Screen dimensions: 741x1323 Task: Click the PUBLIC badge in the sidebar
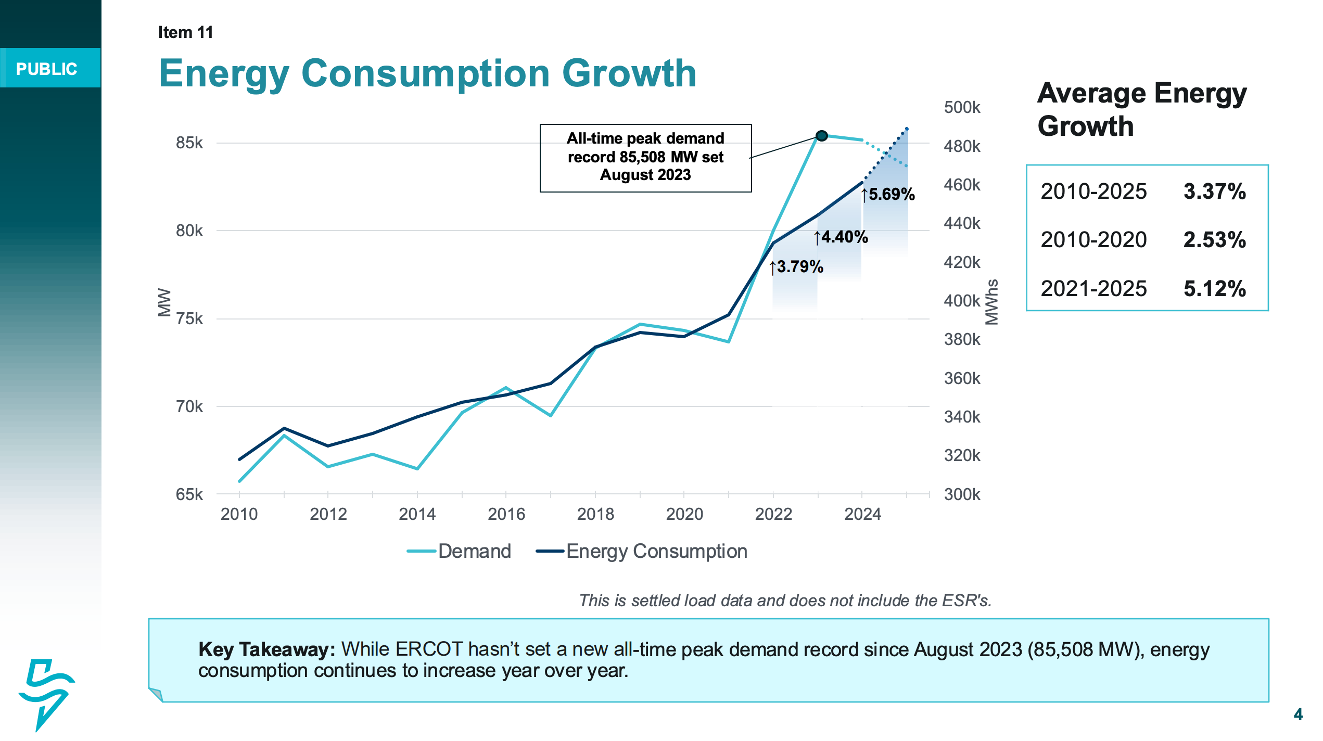47,69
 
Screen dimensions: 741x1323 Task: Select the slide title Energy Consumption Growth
427,73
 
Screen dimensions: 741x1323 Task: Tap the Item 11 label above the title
185,32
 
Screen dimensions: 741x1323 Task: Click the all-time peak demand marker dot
821,136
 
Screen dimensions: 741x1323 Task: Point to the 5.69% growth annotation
889,195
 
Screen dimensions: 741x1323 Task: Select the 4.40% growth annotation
842,237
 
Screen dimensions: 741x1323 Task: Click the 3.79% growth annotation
797,267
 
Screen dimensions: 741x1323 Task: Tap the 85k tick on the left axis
189,143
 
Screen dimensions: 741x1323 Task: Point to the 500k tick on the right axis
962,108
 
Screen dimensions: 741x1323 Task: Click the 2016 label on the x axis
506,514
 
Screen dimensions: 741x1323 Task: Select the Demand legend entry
460,551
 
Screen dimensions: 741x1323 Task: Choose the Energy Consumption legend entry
642,551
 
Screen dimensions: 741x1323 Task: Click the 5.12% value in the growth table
1214,289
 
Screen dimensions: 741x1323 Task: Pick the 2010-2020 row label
1093,240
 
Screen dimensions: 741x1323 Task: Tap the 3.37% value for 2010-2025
1214,191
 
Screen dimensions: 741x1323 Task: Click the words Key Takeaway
266,649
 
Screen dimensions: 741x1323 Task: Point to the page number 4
1298,714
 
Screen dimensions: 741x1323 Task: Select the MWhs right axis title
992,302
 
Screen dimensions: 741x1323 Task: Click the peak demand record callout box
645,158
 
